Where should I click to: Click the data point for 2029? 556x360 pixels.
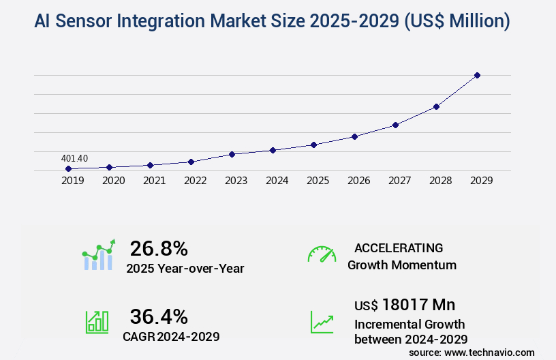pos(477,75)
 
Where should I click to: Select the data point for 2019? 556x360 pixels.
pos(68,168)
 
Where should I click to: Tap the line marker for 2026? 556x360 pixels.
pos(354,136)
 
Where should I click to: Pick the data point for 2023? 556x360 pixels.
pos(232,154)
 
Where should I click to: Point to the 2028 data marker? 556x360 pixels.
pos(436,106)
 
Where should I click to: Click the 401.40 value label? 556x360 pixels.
pos(74,158)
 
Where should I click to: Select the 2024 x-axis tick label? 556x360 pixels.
pos(277,181)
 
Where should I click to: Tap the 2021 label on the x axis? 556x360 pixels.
pos(154,181)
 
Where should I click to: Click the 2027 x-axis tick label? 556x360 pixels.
pos(399,181)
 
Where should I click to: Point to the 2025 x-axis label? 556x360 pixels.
pos(318,181)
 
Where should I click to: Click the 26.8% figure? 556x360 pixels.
pos(159,248)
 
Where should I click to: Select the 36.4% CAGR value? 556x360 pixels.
pos(159,316)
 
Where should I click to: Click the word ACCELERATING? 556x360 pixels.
pos(399,247)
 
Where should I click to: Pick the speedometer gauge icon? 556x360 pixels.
pos(322,254)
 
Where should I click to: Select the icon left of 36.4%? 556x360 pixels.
pos(97,322)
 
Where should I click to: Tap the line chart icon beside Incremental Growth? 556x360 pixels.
pos(322,322)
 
